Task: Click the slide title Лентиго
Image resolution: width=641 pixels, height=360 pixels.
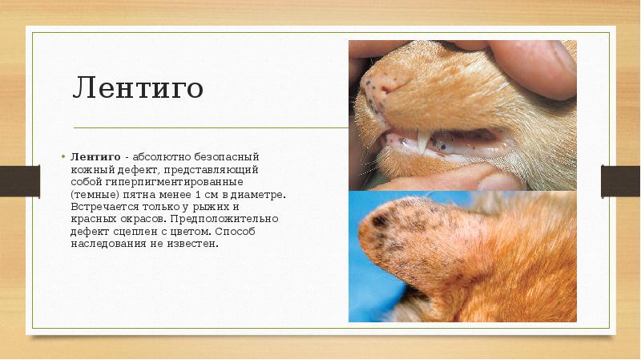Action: coord(137,89)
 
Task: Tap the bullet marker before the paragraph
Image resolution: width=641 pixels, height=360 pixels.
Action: coord(62,156)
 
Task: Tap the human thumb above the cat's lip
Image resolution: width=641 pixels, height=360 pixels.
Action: coord(537,64)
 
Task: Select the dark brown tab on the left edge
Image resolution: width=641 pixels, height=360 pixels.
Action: coord(19,180)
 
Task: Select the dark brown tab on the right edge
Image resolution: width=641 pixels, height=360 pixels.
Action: coord(621,180)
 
